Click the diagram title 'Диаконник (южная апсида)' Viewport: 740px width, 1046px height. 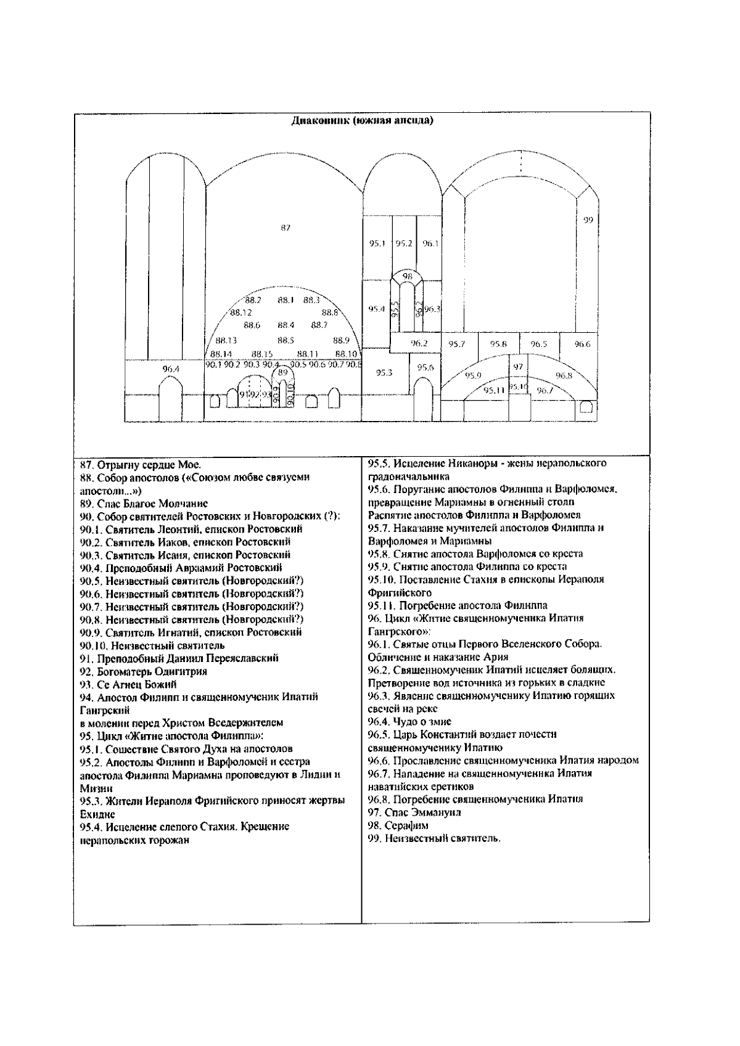[x=362, y=121]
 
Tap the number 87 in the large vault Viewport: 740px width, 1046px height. [x=285, y=228]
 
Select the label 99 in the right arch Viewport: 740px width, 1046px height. [x=588, y=220]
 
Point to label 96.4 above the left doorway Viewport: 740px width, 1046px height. [x=171, y=369]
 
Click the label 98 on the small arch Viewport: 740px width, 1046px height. [x=408, y=277]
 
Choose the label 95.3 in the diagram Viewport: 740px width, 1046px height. [x=384, y=372]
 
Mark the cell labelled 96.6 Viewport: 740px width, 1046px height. [x=582, y=344]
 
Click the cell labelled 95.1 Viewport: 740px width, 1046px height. [x=377, y=243]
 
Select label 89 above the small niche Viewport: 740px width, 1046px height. [x=282, y=372]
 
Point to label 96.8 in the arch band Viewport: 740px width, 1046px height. [x=564, y=375]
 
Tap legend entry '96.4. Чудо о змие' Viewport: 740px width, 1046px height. [x=409, y=721]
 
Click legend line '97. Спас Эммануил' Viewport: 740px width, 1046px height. [x=414, y=812]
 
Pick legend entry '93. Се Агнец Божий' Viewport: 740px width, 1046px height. [x=129, y=684]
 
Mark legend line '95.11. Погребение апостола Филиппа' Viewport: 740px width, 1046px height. [x=458, y=605]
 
